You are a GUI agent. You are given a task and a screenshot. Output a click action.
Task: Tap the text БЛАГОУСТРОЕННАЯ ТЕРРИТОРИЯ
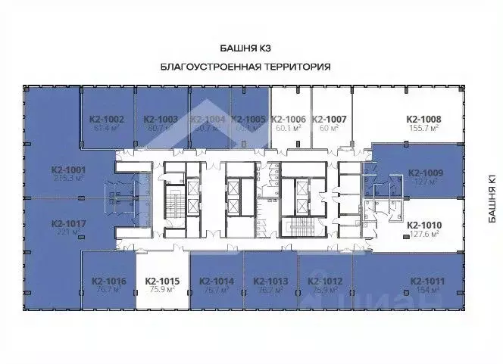(x=246, y=67)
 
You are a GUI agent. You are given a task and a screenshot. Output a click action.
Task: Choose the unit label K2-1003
(x=161, y=119)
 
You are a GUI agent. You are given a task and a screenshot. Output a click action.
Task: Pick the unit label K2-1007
(x=329, y=119)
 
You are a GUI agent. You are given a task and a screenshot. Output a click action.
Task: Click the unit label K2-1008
(x=424, y=119)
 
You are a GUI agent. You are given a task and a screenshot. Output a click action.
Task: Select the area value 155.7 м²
(x=424, y=129)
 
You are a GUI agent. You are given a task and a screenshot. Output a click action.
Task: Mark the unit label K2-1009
(x=425, y=172)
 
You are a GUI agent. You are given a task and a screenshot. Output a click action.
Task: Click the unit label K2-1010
(x=425, y=225)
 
